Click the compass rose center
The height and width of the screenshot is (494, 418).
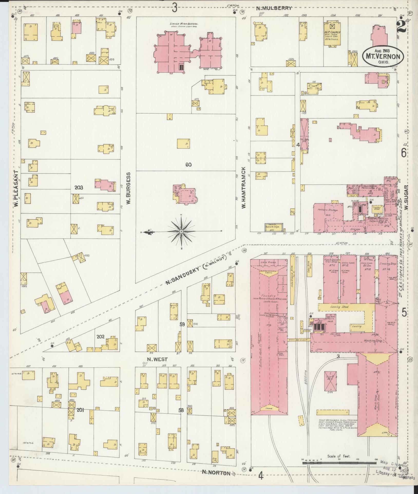(181, 231)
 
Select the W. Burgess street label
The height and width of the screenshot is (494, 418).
(129, 188)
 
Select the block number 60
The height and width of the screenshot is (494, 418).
(188, 165)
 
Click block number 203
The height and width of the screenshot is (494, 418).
(79, 188)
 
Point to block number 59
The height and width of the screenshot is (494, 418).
(182, 325)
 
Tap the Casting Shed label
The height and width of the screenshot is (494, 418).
(339, 307)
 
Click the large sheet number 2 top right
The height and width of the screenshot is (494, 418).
(401, 26)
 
